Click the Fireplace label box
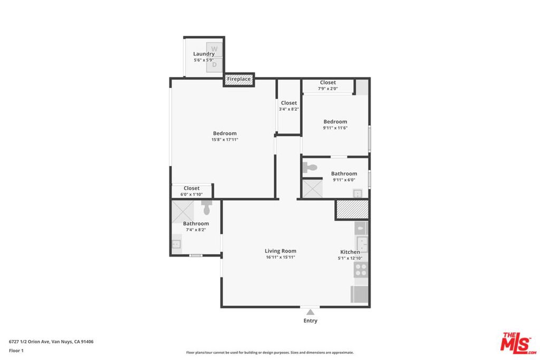239,79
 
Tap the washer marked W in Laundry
214,49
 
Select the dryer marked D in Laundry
214,65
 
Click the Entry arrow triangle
310,312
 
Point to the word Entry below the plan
310,320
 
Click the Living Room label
281,251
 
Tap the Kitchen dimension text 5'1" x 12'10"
350,258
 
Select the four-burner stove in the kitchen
361,270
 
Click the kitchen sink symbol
362,244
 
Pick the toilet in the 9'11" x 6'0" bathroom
310,168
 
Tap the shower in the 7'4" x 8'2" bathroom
183,212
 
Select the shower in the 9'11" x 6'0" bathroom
313,188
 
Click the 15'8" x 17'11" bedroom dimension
225,139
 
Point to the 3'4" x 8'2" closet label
288,105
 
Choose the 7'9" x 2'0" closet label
328,85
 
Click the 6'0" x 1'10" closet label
191,191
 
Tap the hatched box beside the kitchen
352,209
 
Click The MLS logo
518,343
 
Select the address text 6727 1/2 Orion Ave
30,342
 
